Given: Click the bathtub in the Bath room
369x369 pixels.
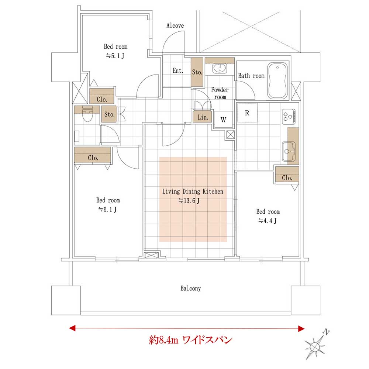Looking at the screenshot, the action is pos(277,80).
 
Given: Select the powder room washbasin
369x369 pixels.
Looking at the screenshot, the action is pos(220,68).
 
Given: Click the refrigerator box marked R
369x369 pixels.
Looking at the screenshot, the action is pos(247,113).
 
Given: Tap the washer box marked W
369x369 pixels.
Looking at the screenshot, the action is pos(223,120).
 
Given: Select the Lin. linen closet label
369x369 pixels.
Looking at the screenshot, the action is pos(203,117).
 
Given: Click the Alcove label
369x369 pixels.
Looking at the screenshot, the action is pos(175,25).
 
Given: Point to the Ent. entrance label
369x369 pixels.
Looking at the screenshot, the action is pos(178,70).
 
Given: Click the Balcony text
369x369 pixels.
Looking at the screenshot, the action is pos(190,288).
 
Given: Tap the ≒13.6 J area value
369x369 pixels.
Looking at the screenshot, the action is pos(189,201).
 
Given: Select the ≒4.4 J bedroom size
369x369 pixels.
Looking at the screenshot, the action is pos(267,221).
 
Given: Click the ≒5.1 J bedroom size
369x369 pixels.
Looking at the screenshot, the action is pos(115,56).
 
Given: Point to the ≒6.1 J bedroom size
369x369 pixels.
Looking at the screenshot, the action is pos(107,209).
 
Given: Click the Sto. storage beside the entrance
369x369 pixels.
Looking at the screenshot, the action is pos(197,72).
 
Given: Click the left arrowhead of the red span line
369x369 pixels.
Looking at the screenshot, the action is pos(72,328).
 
